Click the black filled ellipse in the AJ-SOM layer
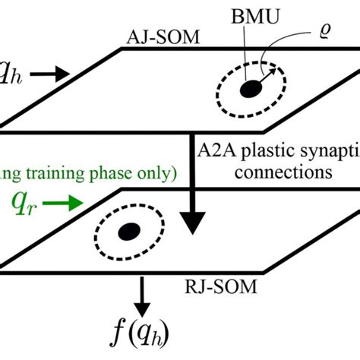point(248,90)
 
